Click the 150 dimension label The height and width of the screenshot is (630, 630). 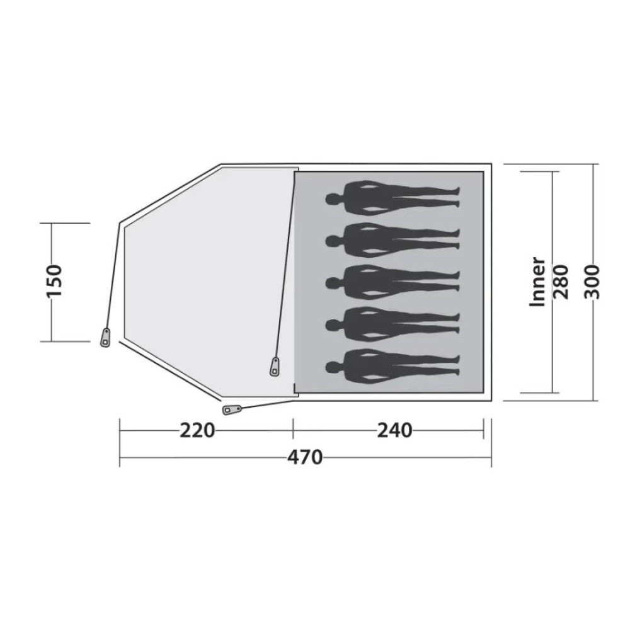[x=54, y=282]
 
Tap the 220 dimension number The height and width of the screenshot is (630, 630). [x=197, y=431]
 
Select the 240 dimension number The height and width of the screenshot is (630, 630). [x=394, y=431]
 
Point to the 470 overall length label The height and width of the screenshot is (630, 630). [x=305, y=457]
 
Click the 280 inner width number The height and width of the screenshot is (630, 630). [x=561, y=282]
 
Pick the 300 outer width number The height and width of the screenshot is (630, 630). [x=592, y=282]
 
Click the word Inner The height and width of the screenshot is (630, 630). [x=537, y=282]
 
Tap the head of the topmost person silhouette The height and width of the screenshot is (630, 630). [x=333, y=199]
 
